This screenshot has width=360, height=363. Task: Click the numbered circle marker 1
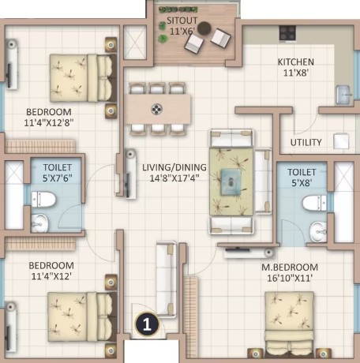[147, 324]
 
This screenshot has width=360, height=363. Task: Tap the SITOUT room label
[182, 21]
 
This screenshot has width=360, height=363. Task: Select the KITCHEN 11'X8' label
[296, 67]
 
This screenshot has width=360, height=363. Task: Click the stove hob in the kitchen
[287, 33]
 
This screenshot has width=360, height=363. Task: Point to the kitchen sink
[344, 95]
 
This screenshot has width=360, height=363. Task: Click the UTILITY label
[306, 143]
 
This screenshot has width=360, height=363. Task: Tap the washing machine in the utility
[341, 141]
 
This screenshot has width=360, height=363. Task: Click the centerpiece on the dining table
[156, 109]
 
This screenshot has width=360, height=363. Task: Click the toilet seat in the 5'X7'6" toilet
[43, 200]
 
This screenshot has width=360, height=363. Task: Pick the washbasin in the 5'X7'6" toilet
[39, 223]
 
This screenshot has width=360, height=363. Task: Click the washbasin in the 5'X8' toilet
[318, 232]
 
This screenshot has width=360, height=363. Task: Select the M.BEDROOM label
[290, 268]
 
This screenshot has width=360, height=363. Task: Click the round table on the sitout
[204, 28]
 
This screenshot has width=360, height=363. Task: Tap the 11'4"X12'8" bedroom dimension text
[49, 123]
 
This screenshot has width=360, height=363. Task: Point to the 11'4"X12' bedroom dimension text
[51, 276]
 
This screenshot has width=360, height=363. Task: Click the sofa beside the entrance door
[167, 278]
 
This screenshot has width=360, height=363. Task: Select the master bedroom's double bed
[290, 324]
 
